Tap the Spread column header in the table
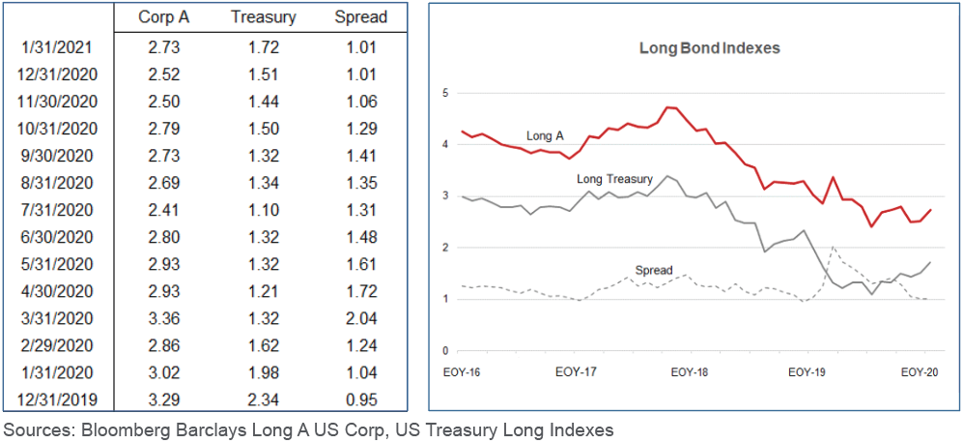(x=360, y=17)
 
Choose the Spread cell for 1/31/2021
(x=360, y=45)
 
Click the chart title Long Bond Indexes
(x=695, y=47)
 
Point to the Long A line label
(x=545, y=136)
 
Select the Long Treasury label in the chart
(x=615, y=179)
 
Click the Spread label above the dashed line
(x=654, y=270)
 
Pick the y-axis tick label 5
(x=446, y=93)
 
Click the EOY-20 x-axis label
(x=921, y=370)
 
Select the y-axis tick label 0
(x=446, y=351)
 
